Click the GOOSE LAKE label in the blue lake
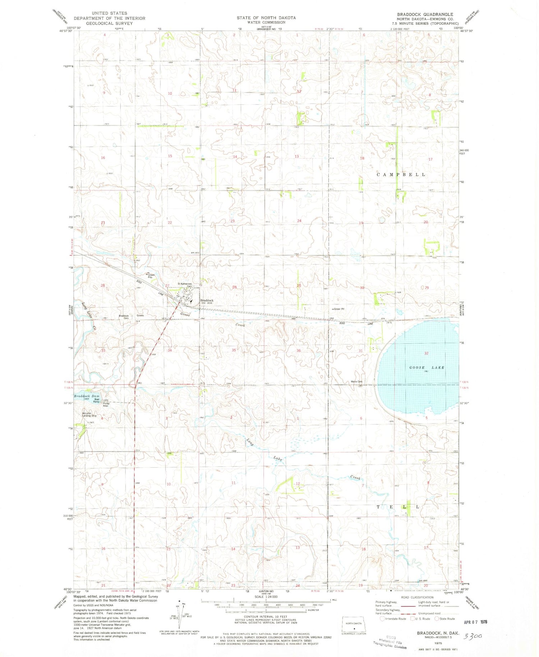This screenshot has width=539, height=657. pos(427,368)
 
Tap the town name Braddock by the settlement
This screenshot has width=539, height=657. pos(207,300)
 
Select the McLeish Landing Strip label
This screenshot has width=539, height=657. pos(89,415)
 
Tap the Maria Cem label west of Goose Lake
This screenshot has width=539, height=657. pos(356,382)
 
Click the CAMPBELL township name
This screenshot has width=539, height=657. pos(401,175)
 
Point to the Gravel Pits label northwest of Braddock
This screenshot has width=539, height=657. pos(151,276)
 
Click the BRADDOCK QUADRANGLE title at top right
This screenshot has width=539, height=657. pos(425,14)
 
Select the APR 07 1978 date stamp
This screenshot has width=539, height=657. pos(475,622)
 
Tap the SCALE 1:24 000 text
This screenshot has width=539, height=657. pos(266,597)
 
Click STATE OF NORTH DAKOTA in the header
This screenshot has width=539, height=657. pos(266,18)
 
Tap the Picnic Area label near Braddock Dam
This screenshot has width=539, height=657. pos(105,404)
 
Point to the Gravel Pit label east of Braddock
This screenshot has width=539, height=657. pos(338,309)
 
